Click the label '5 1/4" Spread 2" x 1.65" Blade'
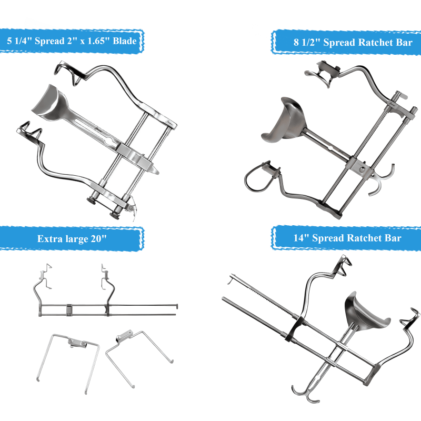73,39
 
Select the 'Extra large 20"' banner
72,238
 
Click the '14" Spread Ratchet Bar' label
347,238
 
